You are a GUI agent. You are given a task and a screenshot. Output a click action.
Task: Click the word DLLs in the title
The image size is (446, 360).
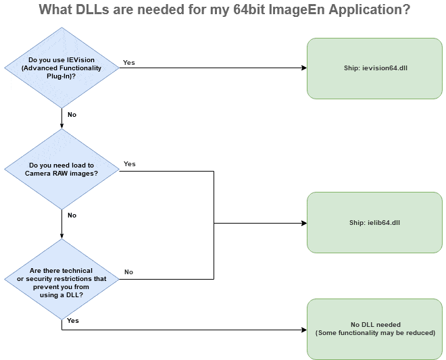(x=93, y=9)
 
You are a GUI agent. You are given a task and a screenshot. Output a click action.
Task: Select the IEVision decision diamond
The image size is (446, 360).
(x=61, y=68)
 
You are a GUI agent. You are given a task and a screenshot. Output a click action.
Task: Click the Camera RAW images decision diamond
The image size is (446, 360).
(x=61, y=170)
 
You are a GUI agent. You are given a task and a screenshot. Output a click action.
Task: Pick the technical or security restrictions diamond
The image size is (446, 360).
(x=61, y=279)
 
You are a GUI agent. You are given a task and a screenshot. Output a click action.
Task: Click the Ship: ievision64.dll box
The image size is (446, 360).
(x=374, y=68)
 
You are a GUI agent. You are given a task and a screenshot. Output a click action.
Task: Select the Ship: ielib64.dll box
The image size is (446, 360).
(x=374, y=223)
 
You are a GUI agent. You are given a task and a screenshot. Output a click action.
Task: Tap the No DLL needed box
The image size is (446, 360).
(x=374, y=330)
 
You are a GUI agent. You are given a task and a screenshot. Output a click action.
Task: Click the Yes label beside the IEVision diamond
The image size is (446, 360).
(x=129, y=63)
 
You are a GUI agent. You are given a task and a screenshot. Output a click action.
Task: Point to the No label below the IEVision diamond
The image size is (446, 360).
(x=72, y=115)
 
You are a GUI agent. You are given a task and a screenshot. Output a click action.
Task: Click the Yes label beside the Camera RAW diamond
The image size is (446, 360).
(x=130, y=164)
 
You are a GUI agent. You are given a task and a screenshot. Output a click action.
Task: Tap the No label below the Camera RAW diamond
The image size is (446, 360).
(x=72, y=215)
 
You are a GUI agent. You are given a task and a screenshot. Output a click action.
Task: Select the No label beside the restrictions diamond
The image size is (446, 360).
(x=128, y=272)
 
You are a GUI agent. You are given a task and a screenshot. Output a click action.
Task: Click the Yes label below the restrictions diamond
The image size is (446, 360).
(x=73, y=320)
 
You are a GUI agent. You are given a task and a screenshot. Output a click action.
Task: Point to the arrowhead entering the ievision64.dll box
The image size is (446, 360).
(x=304, y=68)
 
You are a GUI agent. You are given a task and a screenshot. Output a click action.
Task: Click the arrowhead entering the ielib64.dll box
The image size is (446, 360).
(x=304, y=223)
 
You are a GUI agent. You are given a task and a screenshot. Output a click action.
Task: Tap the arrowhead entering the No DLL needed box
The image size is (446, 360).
(x=304, y=330)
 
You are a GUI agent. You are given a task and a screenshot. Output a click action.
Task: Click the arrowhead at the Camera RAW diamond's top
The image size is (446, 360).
(x=61, y=126)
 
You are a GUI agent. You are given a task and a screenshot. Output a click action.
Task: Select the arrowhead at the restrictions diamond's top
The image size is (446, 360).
(x=61, y=236)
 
